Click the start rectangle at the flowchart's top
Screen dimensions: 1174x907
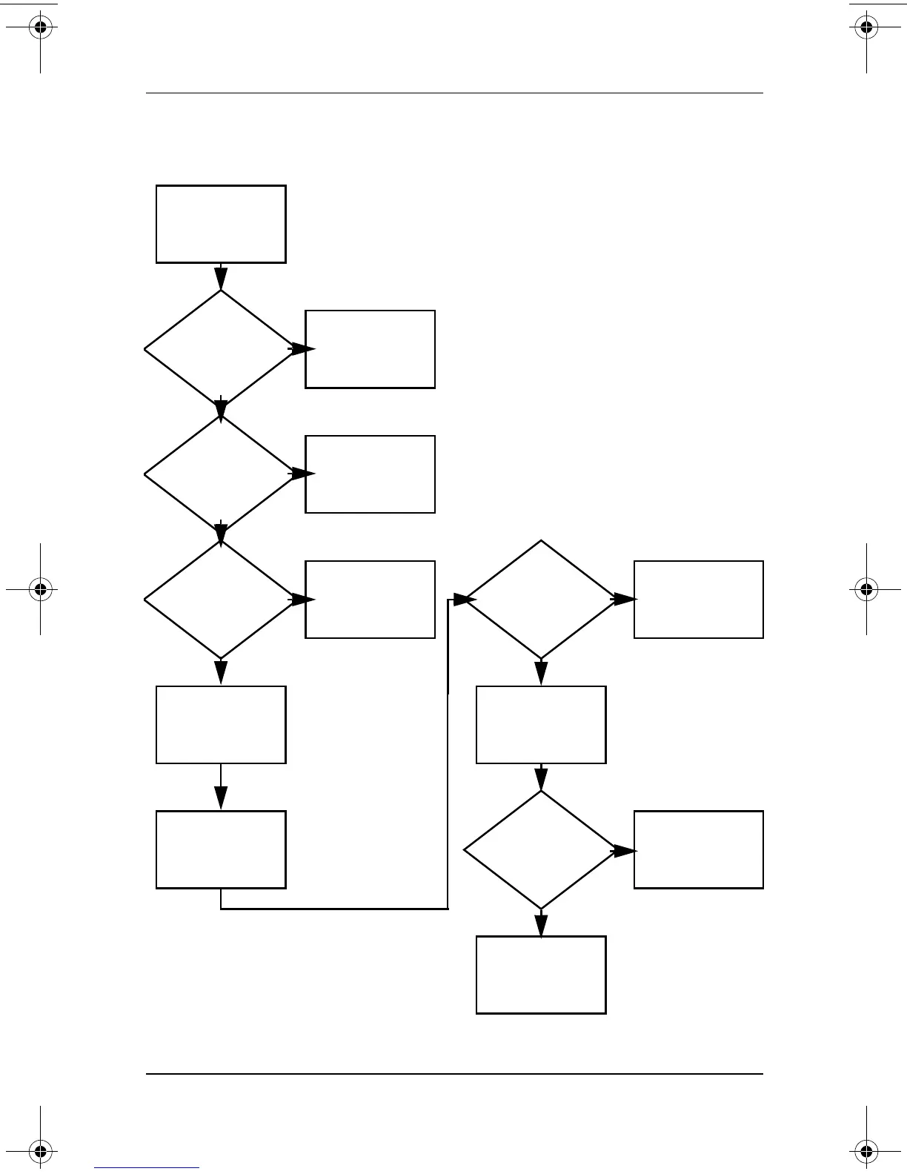click(221, 224)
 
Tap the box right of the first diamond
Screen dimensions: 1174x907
click(370, 349)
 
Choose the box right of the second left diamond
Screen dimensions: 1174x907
click(370, 474)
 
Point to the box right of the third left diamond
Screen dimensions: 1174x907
click(370, 600)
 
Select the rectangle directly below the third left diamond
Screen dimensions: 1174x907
click(221, 725)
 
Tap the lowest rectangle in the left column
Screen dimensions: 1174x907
click(221, 849)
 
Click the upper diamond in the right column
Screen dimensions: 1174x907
click(541, 599)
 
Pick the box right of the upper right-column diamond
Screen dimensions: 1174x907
click(698, 600)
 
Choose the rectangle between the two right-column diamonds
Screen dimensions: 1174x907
click(541, 725)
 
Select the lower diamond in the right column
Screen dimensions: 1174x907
click(541, 849)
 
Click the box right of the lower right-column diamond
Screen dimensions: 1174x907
click(698, 849)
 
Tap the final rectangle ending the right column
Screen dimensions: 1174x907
click(541, 975)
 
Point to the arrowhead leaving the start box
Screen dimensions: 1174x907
click(221, 279)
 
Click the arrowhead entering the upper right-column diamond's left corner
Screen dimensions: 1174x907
click(463, 600)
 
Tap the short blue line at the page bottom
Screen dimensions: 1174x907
click(147, 1168)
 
